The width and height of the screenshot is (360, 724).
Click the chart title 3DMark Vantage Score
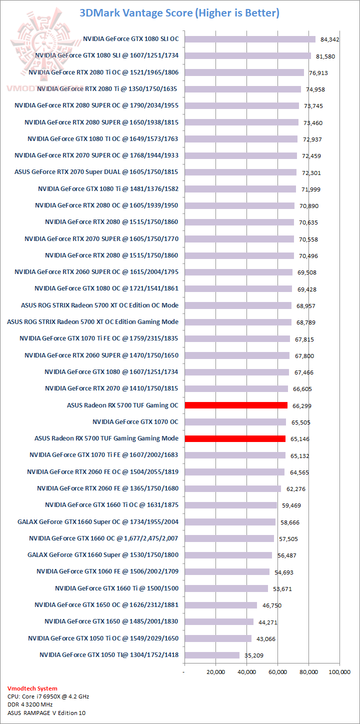point(179,13)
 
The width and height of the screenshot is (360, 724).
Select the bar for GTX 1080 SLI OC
point(250,39)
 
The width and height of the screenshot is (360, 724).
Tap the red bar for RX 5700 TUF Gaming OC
point(236,405)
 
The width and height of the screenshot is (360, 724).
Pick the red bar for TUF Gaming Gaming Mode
point(235,438)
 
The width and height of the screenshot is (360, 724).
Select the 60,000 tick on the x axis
point(277,672)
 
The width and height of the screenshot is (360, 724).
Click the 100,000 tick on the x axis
point(338,672)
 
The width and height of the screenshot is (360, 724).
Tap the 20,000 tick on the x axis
point(215,672)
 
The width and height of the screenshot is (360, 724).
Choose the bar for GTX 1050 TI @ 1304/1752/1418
point(212,655)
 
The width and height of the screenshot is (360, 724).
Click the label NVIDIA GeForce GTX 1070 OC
point(135,422)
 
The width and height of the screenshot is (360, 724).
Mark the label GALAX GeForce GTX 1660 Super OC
point(97,522)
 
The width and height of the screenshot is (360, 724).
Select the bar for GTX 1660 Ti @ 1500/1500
point(226,588)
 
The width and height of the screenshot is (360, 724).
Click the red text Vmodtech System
point(32,688)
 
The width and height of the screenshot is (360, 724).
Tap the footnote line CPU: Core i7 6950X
point(48,696)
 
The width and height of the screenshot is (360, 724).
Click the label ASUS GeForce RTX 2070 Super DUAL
point(96,172)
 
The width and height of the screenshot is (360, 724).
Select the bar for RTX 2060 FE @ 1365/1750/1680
point(232,488)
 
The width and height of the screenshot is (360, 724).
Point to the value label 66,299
point(300,406)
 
